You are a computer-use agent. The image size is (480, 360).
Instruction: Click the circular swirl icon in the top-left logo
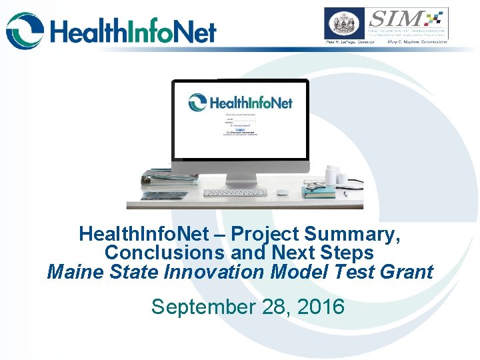(x=25, y=31)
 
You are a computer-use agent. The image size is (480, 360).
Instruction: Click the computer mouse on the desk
(x=283, y=193)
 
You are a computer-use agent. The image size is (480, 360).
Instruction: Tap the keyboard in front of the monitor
(x=235, y=193)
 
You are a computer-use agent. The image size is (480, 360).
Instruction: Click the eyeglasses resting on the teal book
(x=315, y=185)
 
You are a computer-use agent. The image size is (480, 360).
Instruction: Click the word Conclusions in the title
(x=165, y=253)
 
